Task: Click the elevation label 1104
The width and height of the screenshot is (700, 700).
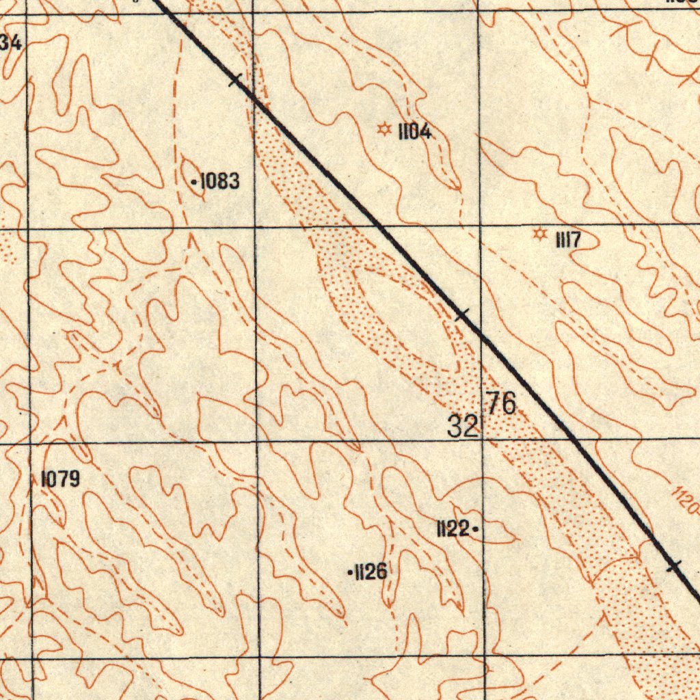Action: tap(415, 132)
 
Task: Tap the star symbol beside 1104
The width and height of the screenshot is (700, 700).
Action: tap(384, 129)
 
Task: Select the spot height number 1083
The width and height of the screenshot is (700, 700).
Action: tap(219, 182)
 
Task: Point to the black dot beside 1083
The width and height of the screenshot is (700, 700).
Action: tap(194, 183)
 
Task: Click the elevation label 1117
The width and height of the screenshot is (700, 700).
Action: tap(569, 240)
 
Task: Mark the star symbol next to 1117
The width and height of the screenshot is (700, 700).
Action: tap(541, 235)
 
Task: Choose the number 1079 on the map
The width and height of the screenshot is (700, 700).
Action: tap(60, 479)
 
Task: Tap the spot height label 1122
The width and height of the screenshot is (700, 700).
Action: tap(453, 528)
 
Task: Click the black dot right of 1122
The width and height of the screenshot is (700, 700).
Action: tap(474, 528)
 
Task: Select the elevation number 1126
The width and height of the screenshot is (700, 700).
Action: tap(371, 572)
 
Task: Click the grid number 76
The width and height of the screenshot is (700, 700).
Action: tap(501, 403)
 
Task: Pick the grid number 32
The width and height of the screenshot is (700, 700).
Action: tap(463, 427)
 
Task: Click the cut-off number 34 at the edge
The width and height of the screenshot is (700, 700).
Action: tap(10, 42)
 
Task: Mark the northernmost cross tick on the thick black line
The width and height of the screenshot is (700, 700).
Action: tap(235, 80)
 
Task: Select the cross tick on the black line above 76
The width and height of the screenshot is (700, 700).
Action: tap(463, 314)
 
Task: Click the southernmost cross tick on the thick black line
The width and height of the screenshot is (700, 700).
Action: tap(674, 565)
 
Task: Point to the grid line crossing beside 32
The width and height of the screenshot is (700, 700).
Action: tap(482, 442)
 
